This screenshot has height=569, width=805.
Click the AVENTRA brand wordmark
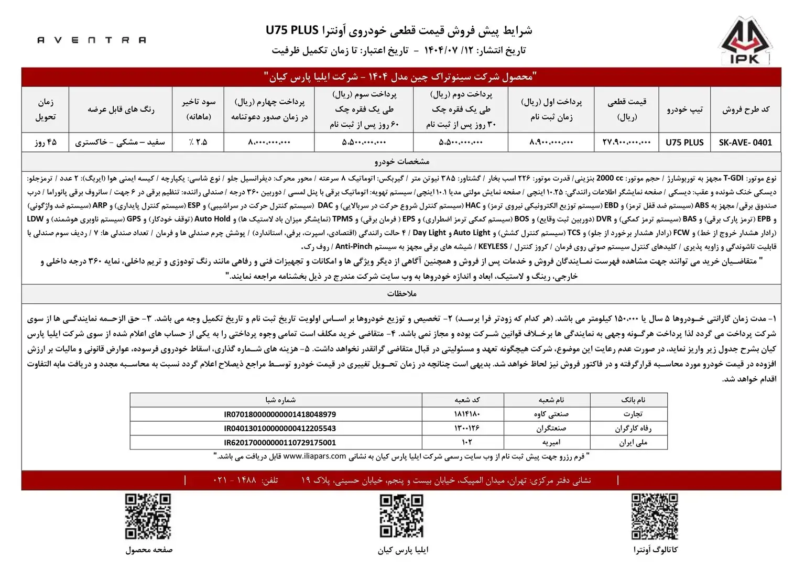coord(92,40)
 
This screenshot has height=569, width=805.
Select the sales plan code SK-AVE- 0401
coord(745,142)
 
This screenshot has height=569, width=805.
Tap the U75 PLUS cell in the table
coord(684,142)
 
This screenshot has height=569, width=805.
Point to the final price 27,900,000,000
coord(626,142)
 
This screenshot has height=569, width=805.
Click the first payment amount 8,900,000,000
coord(551,142)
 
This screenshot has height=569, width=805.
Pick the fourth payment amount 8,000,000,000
coord(268,142)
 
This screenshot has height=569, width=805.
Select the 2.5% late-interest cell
coord(198,142)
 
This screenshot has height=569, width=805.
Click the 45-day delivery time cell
coord(46,142)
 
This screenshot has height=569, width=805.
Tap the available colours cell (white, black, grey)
coord(120,142)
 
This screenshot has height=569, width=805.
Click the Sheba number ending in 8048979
coord(280,414)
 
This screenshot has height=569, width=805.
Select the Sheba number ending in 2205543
coord(280,428)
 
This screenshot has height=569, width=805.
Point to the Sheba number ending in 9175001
coord(280,443)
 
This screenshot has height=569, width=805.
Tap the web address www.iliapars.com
coord(314,456)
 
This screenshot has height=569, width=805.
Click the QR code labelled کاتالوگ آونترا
coord(655,517)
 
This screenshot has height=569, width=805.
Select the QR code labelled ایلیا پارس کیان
coord(402,517)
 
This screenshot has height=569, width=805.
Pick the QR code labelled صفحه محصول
coord(148,517)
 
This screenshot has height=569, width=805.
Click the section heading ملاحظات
coord(402,293)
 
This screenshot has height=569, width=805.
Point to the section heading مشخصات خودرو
coord(402,161)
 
